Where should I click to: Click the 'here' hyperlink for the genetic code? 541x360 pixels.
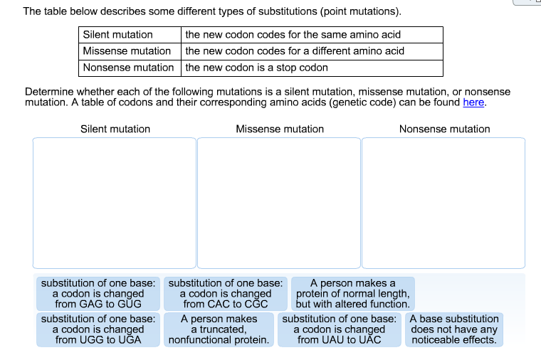[473, 102]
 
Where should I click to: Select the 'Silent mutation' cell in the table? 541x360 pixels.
[130, 34]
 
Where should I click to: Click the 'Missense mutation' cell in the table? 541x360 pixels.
[130, 51]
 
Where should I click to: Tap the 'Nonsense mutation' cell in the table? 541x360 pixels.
[130, 68]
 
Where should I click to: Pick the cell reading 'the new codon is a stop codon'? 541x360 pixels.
[312, 68]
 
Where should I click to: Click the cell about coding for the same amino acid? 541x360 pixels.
[312, 34]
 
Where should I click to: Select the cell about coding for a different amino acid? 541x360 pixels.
[312, 51]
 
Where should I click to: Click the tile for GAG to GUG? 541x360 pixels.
[98, 293]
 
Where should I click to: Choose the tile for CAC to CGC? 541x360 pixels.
[226, 293]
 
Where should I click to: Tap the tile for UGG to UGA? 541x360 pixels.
[98, 329]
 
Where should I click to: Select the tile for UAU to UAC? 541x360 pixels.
[340, 329]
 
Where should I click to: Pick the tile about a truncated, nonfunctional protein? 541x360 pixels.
[219, 329]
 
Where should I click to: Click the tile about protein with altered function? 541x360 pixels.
[353, 293]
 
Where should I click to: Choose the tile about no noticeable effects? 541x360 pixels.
[454, 329]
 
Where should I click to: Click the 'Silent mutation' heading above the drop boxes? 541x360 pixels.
[115, 129]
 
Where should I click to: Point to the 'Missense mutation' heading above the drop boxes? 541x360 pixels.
[280, 129]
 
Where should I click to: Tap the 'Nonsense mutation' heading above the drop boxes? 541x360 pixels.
[444, 129]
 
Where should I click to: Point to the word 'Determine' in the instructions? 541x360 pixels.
[49, 92]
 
